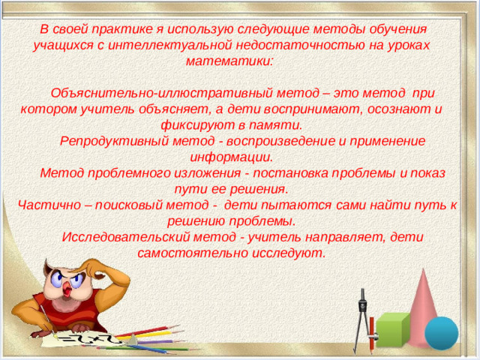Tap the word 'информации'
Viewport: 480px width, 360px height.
tap(230, 157)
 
